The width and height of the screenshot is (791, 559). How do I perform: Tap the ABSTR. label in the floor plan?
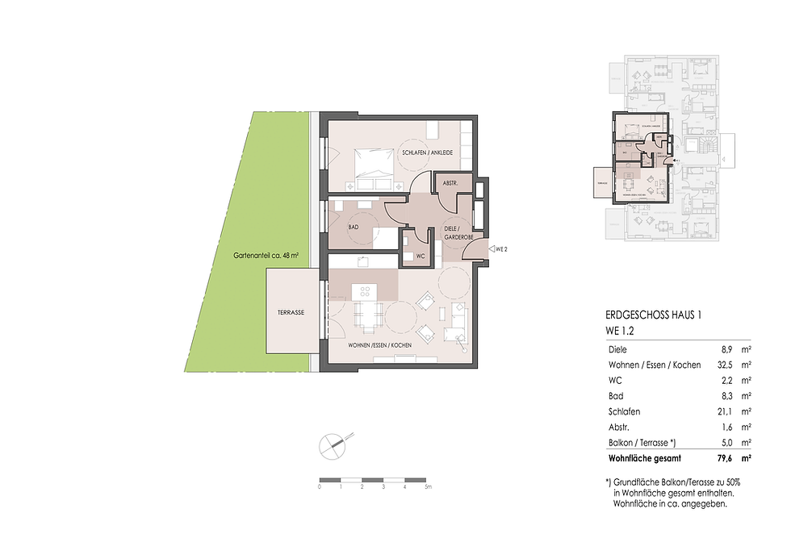pyautogui.click(x=450, y=184)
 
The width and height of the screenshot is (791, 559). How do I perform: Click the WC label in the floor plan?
pyautogui.click(x=420, y=256)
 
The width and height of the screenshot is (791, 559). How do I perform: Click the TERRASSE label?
pyautogui.click(x=289, y=312)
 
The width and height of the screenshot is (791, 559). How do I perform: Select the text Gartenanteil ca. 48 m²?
pyautogui.click(x=266, y=254)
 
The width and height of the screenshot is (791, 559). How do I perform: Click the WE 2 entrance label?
pyautogui.click(x=500, y=250)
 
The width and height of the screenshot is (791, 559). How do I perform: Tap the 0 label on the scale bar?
pyautogui.click(x=320, y=487)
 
